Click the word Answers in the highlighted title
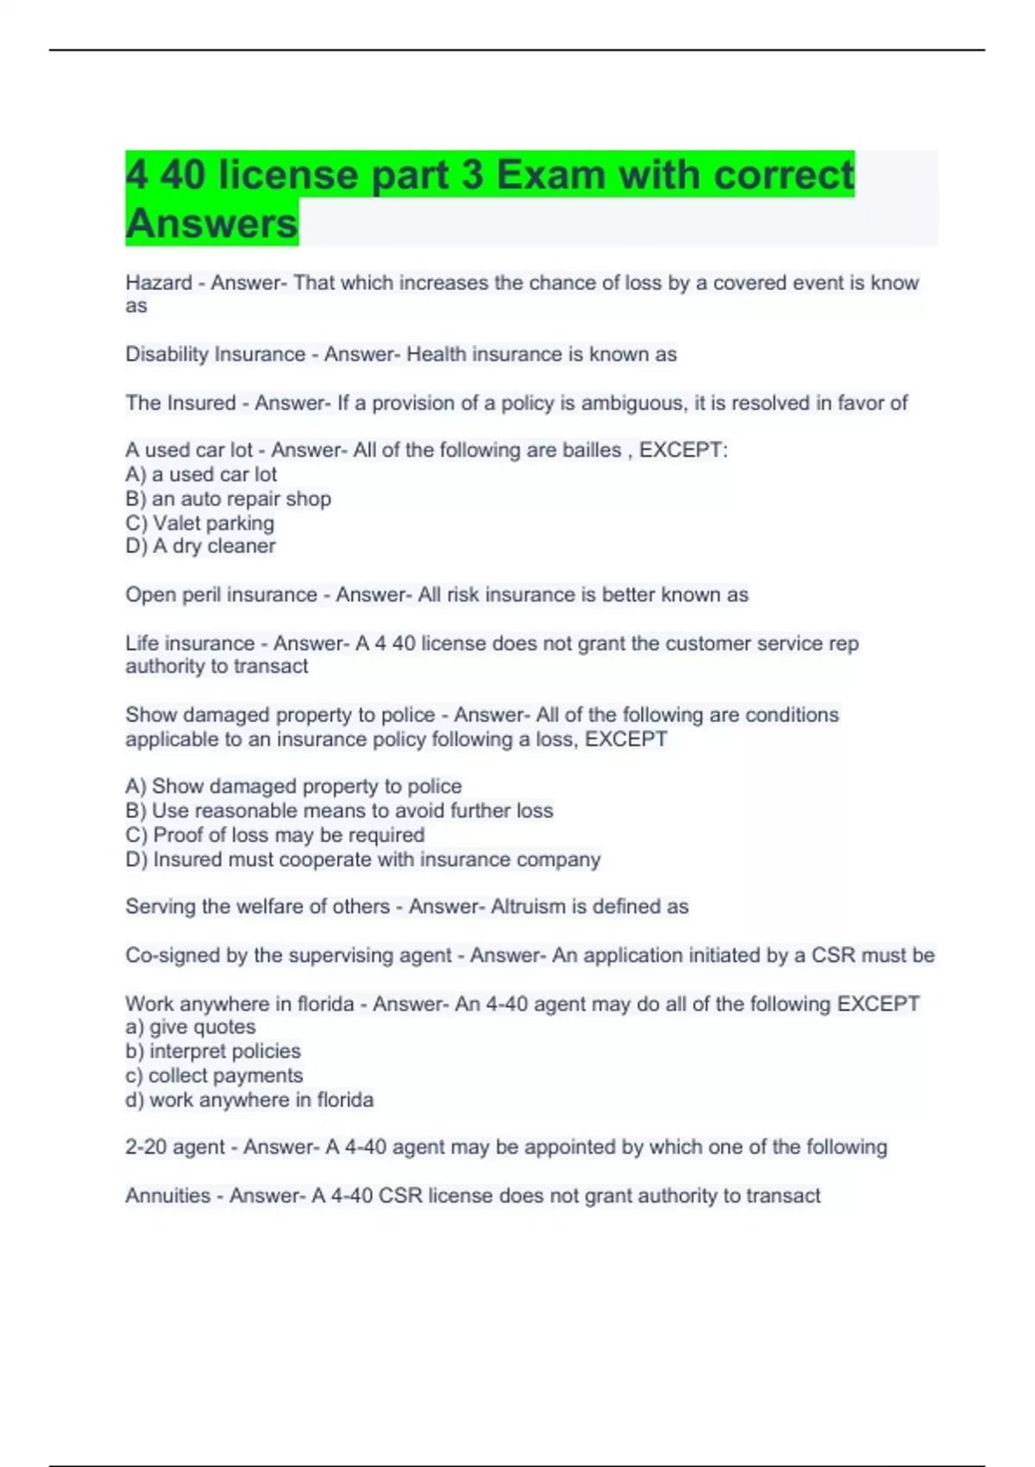pyautogui.click(x=211, y=224)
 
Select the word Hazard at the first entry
pyautogui.click(x=159, y=283)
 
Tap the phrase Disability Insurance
pyautogui.click(x=215, y=355)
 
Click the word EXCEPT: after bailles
pyautogui.click(x=683, y=450)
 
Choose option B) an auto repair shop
pyautogui.click(x=228, y=499)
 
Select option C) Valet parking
pyautogui.click(x=199, y=523)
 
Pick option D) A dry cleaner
pyautogui.click(x=200, y=546)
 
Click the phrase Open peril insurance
pyautogui.click(x=221, y=595)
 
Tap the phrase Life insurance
pyautogui.click(x=190, y=644)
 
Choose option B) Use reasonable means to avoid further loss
pyautogui.click(x=339, y=811)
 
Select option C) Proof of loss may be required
pyautogui.click(x=274, y=835)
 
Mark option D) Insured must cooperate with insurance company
pyautogui.click(x=362, y=859)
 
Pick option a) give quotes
pyautogui.click(x=191, y=1027)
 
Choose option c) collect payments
pyautogui.click(x=214, y=1076)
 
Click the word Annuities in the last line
pyautogui.click(x=167, y=1196)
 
